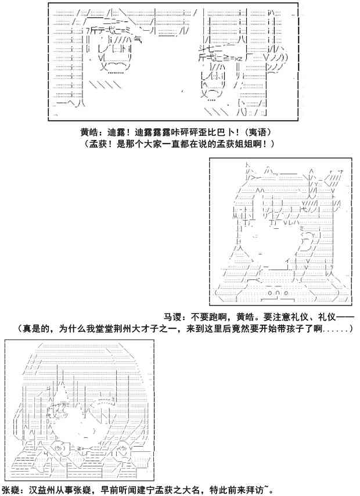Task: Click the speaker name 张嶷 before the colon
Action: [x=12, y=489]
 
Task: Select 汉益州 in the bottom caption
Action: [x=40, y=489]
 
